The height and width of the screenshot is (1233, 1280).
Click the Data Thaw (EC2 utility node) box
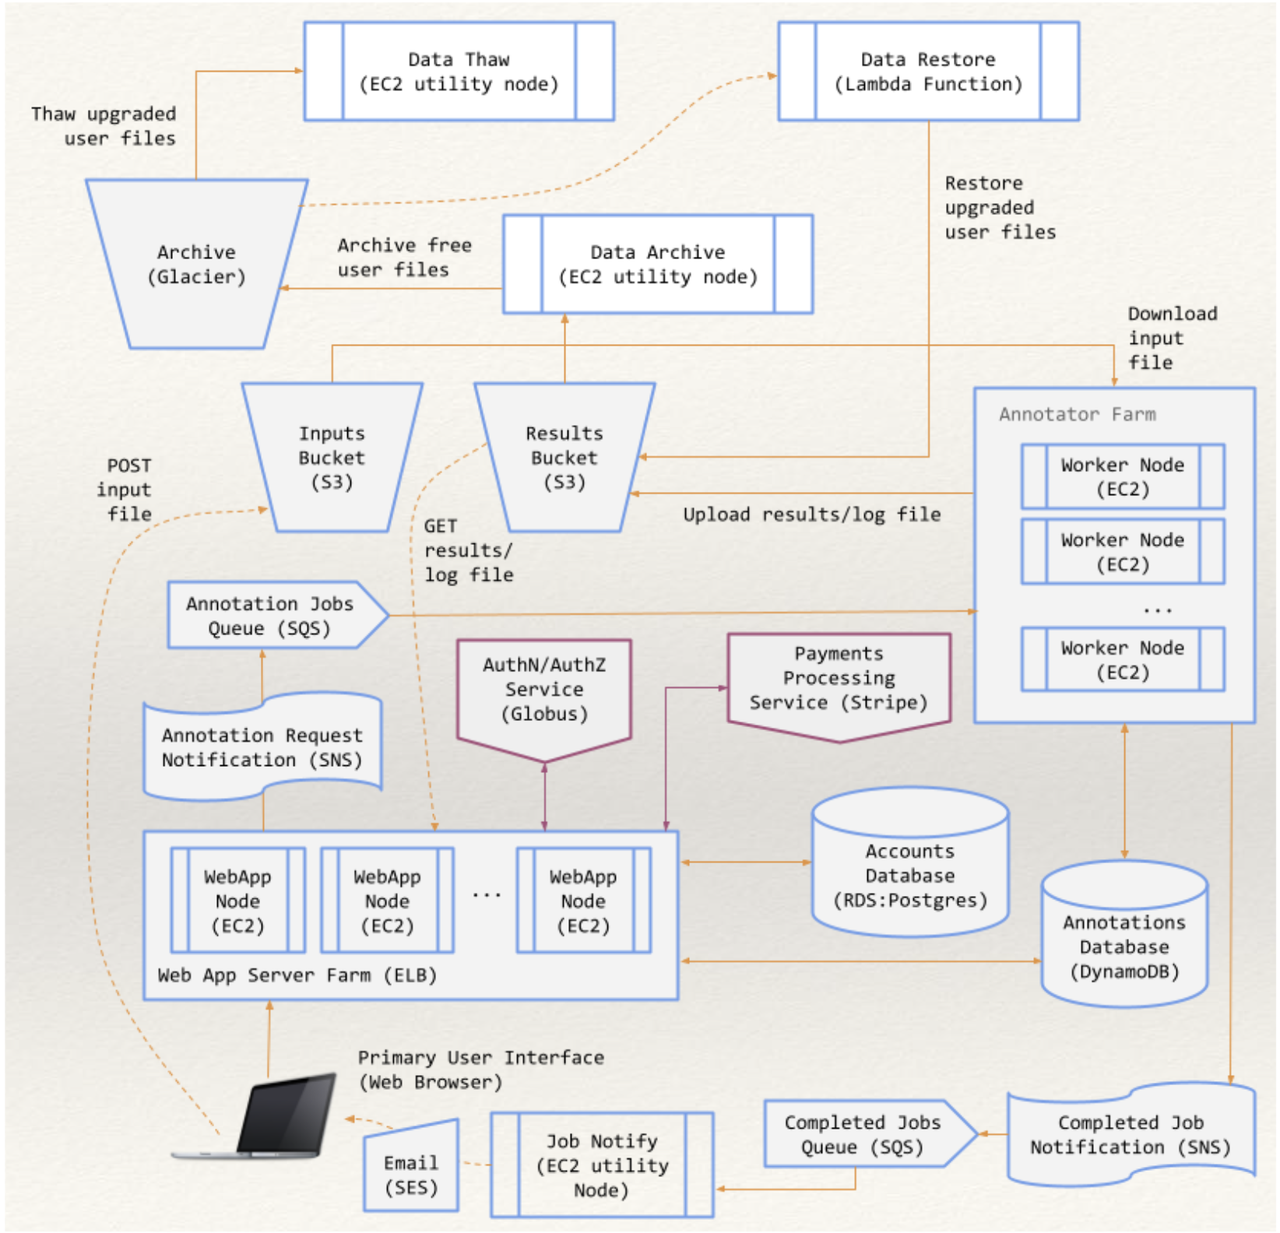[459, 72]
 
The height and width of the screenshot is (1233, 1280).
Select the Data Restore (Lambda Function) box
[928, 72]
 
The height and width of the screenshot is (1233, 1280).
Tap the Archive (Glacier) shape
[196, 265]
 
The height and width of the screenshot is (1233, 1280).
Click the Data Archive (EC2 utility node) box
[658, 265]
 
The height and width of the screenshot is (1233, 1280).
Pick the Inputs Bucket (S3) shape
[332, 458]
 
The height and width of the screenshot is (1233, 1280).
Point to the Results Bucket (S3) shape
[564, 458]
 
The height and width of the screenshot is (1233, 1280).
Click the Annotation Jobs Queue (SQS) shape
[270, 616]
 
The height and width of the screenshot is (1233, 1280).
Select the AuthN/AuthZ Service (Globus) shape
[544, 690]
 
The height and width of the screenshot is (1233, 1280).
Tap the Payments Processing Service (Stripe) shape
[839, 679]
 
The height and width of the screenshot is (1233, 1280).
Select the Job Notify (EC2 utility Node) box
[601, 1165]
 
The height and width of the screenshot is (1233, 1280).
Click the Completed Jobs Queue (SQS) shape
[862, 1134]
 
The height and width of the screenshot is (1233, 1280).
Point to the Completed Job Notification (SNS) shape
[1130, 1135]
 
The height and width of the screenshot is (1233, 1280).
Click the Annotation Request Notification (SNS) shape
[262, 747]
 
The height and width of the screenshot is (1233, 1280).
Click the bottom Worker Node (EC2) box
[1122, 660]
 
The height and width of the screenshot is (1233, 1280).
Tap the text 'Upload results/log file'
[811, 515]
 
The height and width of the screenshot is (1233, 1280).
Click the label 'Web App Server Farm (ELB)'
[297, 975]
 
